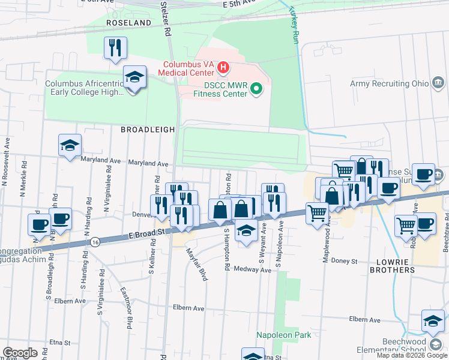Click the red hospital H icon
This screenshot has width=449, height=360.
pyautogui.click(x=223, y=66)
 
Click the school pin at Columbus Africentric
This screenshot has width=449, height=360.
pyautogui.click(x=134, y=78)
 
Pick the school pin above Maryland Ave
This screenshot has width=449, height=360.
pyautogui.click(x=70, y=146)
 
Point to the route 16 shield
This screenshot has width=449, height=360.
pyautogui.click(x=95, y=241)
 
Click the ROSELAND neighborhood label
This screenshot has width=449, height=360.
pyautogui.click(x=128, y=23)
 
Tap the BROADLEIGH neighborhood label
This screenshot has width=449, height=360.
pyautogui.click(x=148, y=129)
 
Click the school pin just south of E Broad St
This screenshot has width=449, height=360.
pyautogui.click(x=246, y=231)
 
